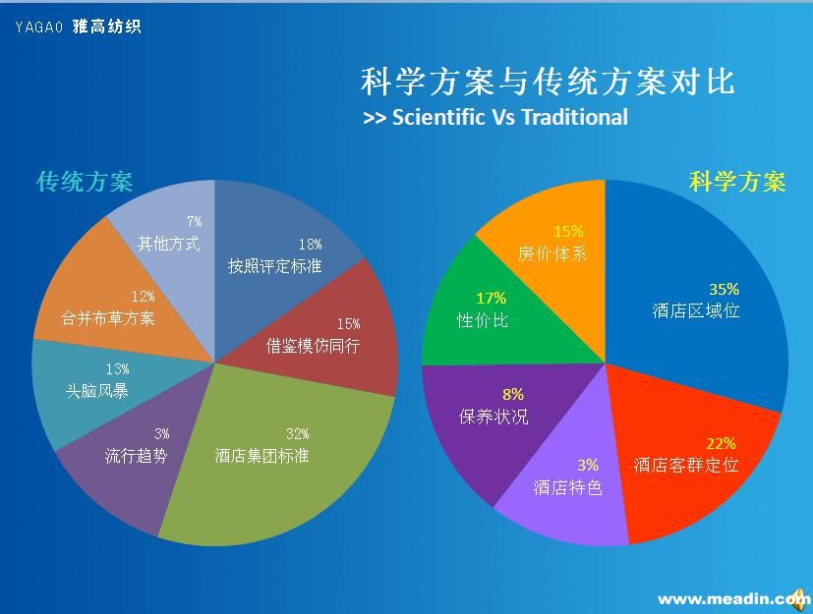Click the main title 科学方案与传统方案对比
pos(548,82)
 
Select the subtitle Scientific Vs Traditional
pos(495,117)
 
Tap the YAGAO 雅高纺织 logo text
pos(79,27)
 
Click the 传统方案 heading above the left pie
pos(85,182)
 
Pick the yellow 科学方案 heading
pos(737,182)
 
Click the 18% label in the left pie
pos(311,245)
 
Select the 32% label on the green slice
pos(298,434)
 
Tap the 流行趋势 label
pos(137,456)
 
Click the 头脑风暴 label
pos(97,390)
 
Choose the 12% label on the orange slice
pos(144,297)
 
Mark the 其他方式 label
pos(168,244)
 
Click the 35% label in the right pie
pos(724,289)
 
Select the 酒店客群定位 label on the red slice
pos(686,465)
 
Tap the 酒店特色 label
pos(567,487)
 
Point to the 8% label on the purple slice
pos(513,395)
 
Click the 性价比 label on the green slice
pos(483,320)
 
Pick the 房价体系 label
pos(552,253)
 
